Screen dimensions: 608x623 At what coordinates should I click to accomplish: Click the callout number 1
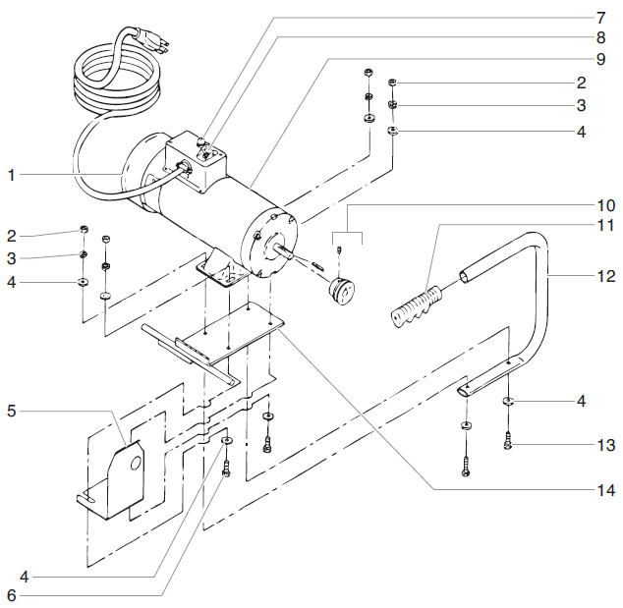click(x=11, y=175)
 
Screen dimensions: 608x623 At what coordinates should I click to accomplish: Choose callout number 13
click(x=604, y=444)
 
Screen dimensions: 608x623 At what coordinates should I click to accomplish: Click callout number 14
click(x=604, y=488)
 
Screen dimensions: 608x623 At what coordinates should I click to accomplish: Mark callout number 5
click(x=11, y=411)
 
